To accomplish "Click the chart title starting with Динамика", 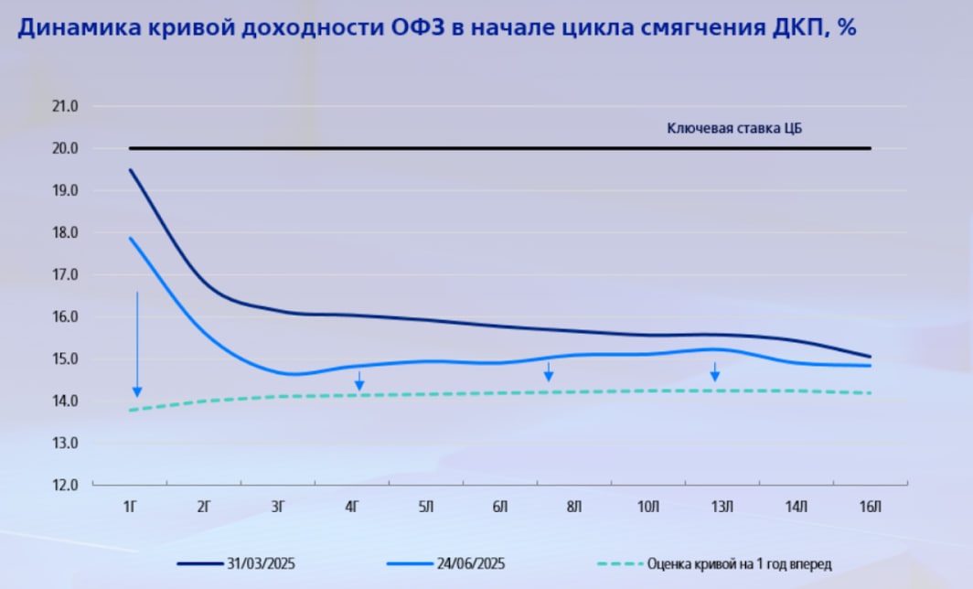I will click(436, 29).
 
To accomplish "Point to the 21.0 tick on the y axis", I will click(67, 106).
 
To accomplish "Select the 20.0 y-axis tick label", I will click(67, 148).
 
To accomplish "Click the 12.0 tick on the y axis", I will click(67, 485).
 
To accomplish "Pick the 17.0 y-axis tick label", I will click(67, 274).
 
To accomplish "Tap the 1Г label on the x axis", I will click(131, 506).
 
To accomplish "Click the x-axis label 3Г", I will click(279, 506).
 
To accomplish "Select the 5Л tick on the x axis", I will click(427, 506).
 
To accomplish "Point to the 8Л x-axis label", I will click(574, 506).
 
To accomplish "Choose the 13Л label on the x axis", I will click(722, 506).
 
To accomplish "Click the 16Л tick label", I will click(871, 506).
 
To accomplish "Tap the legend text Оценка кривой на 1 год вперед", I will click(739, 563).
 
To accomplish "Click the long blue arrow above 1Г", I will click(137, 344).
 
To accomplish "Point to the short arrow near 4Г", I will click(359, 380).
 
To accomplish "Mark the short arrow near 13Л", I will click(715, 371).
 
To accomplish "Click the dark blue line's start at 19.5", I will click(131, 170).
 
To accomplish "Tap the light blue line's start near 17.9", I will click(131, 239).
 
